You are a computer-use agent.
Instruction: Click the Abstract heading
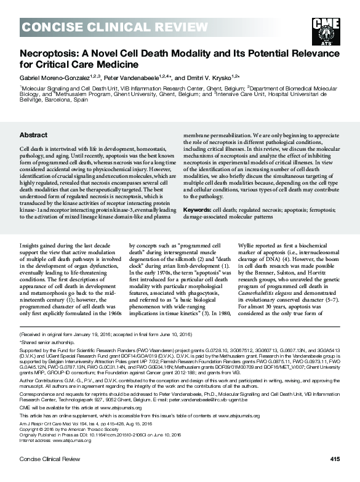click(33, 134)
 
